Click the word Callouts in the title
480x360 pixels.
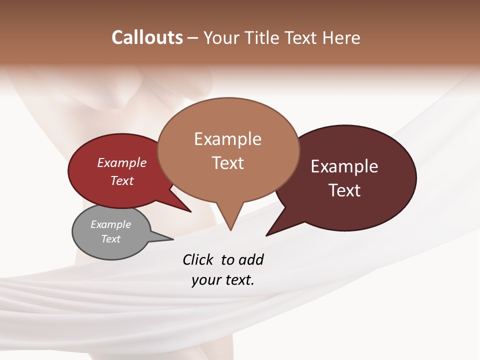pos(147,38)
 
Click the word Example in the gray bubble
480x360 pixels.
pos(110,225)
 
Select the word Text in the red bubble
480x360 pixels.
pos(122,181)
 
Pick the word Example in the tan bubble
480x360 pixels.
pos(227,139)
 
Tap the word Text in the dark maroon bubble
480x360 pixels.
pos(344,190)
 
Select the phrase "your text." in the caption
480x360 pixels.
pos(223,280)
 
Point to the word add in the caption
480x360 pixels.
pos(251,260)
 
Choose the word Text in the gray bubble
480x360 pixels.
pos(110,239)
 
